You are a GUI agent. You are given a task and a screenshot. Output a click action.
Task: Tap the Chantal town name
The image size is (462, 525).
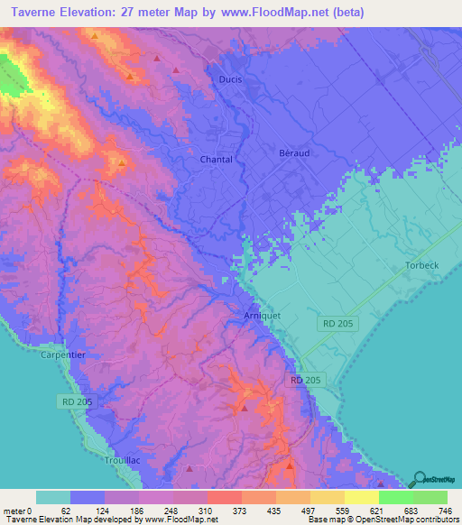coord(216,160)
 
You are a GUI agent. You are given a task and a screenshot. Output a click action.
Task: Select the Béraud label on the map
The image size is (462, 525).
coord(293,153)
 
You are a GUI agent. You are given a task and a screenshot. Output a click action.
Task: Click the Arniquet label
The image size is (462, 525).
coord(263,316)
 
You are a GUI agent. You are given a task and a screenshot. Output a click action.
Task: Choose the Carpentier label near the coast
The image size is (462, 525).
coord(62,355)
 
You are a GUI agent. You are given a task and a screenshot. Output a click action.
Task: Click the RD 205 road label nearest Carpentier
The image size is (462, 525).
coord(77,401)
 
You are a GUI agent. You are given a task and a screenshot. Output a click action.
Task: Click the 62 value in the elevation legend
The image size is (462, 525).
coord(71,511)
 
